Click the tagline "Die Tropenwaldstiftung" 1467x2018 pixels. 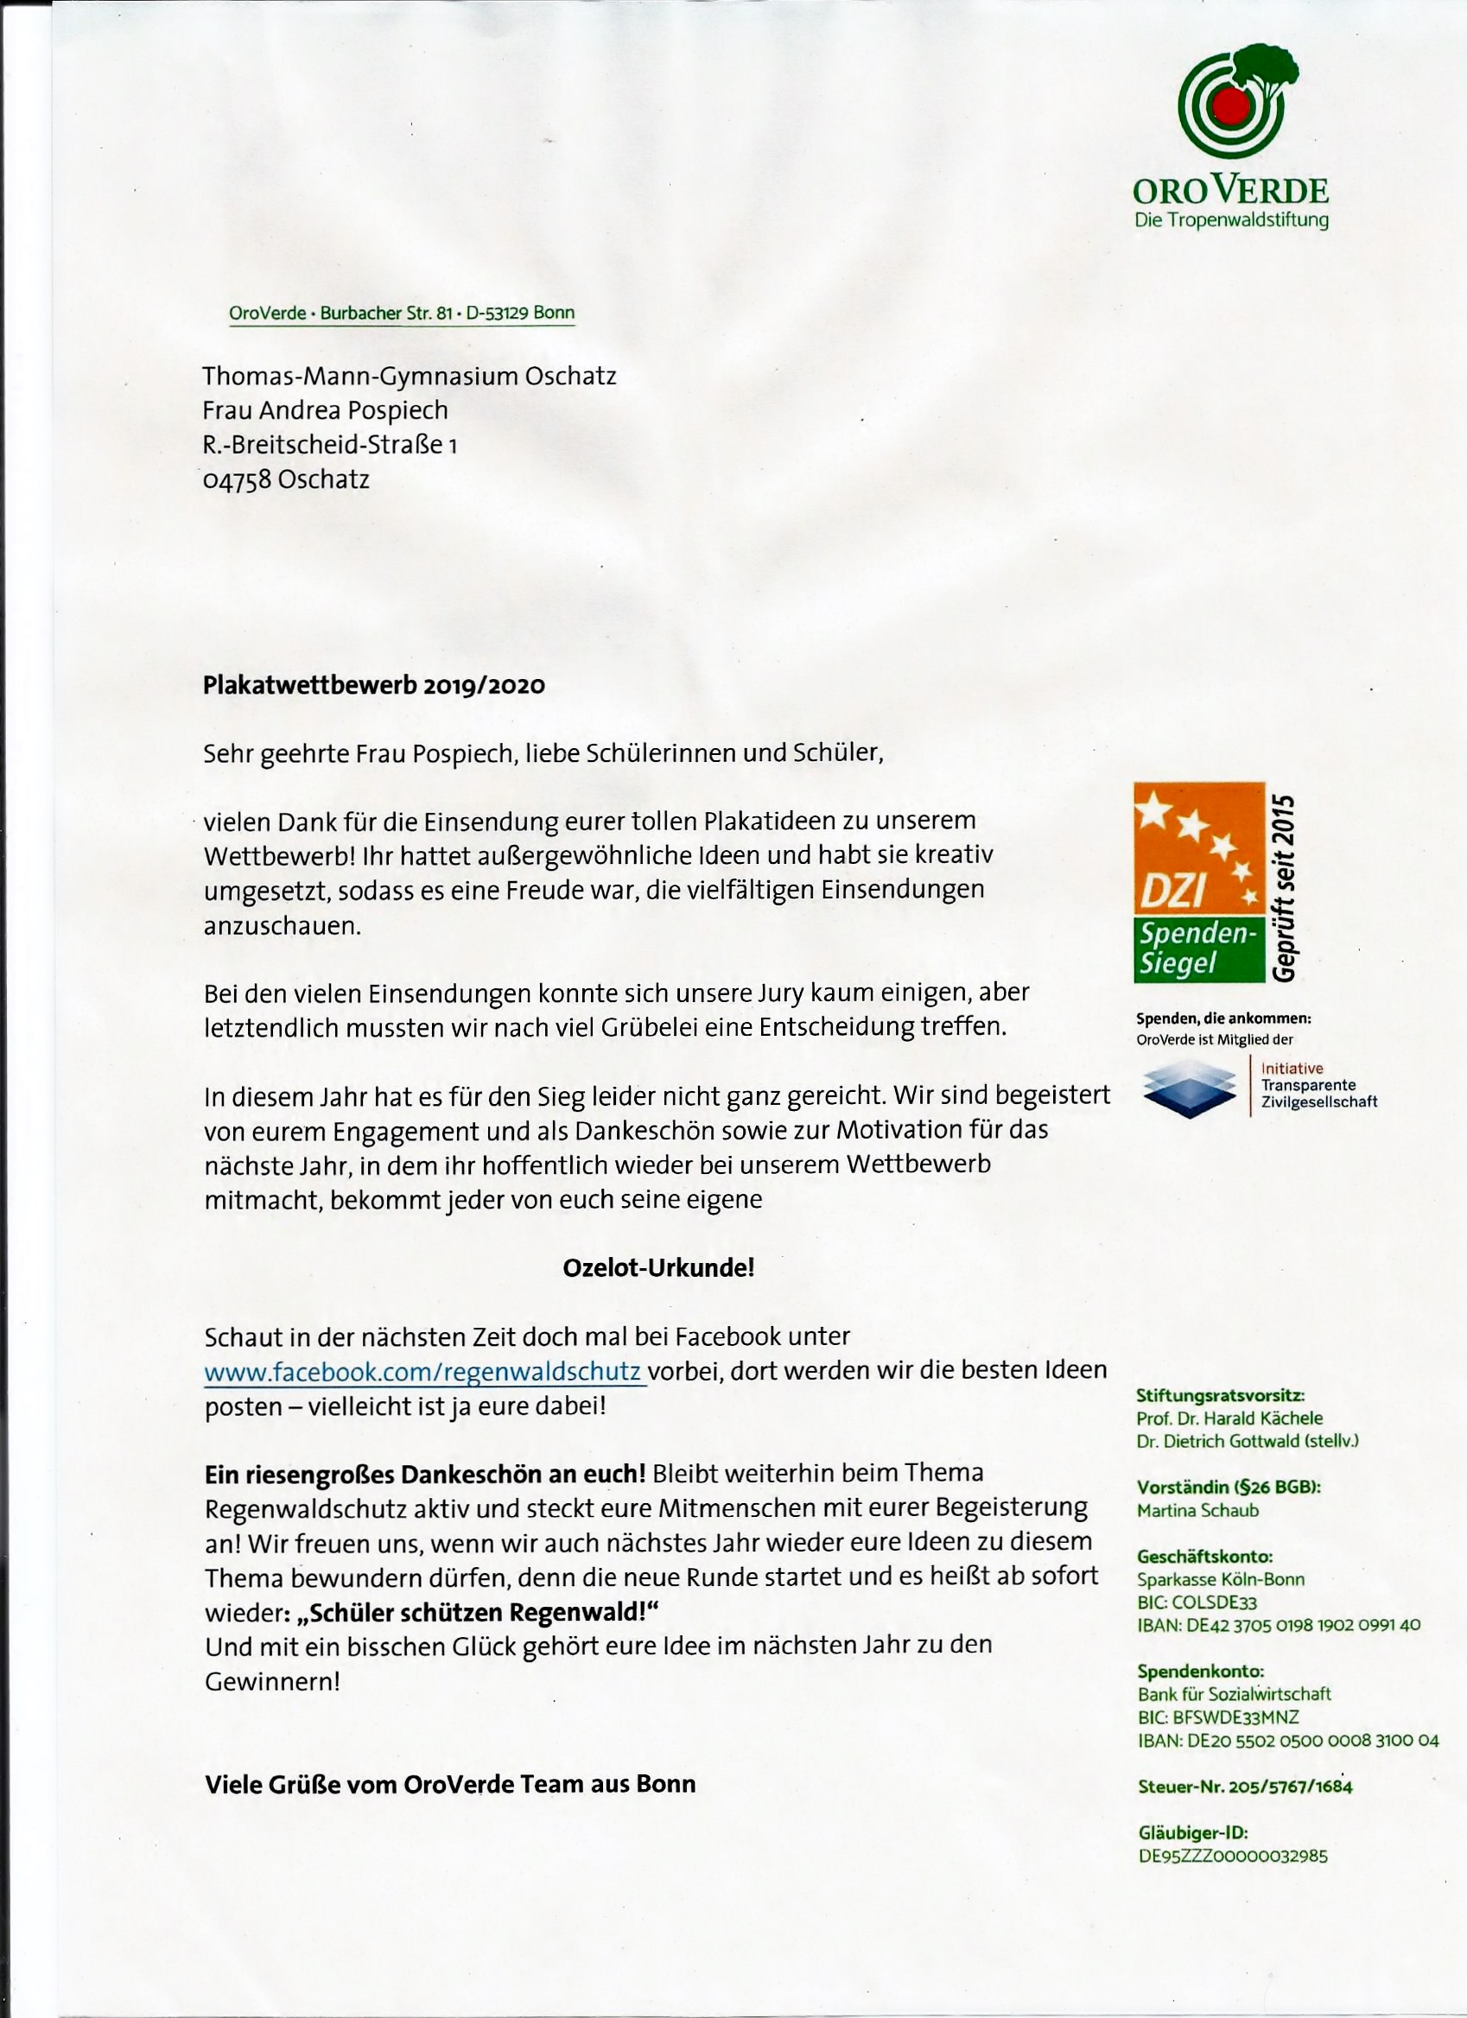[x=1231, y=219]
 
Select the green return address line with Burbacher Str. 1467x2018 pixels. [x=401, y=314]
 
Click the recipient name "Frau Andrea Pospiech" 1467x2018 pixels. [x=325, y=410]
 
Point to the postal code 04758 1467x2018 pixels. [x=238, y=479]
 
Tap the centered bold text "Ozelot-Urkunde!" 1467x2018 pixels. [x=658, y=1268]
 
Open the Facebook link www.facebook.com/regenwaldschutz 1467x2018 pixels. [x=423, y=1371]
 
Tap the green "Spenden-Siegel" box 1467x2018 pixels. [x=1197, y=949]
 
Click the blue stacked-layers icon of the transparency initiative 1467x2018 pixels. [x=1189, y=1086]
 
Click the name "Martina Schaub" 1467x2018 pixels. [x=1197, y=1510]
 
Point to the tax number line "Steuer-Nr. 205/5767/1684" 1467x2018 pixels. [x=1245, y=1786]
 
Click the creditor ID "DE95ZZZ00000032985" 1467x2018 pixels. [x=1232, y=1857]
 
